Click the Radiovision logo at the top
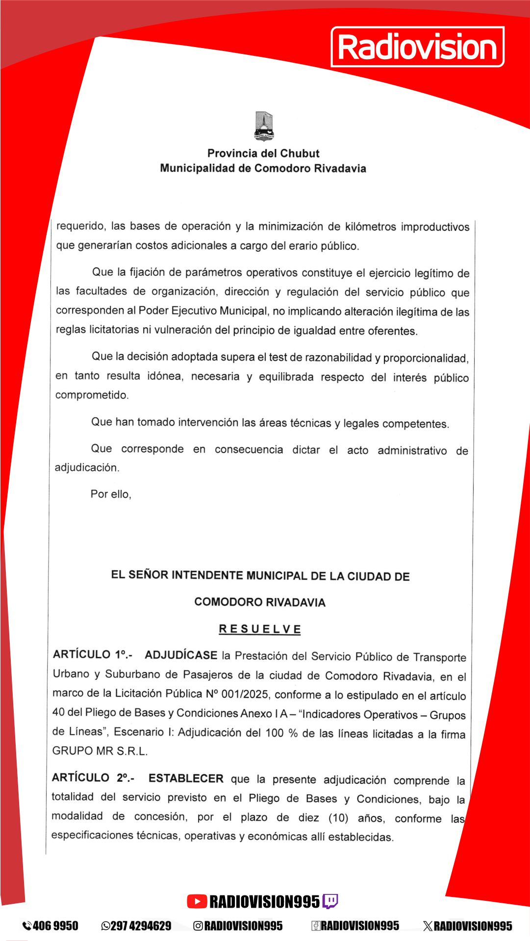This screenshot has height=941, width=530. [x=417, y=47]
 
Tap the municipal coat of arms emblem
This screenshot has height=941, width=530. [x=264, y=126]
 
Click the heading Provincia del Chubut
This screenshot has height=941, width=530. [x=263, y=153]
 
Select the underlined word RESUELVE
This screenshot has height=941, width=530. [x=260, y=629]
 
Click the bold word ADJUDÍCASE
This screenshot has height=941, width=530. [x=181, y=655]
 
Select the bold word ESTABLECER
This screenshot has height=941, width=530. [x=186, y=778]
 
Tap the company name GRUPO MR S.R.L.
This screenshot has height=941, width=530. [x=100, y=751]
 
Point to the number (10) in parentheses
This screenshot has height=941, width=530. [x=338, y=818]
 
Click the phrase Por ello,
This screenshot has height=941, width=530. [x=111, y=494]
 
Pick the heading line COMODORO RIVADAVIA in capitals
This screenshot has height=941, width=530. [x=260, y=602]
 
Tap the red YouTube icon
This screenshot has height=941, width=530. [x=197, y=901]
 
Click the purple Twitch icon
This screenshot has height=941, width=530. [x=330, y=901]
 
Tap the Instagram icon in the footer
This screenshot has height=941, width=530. [x=198, y=926]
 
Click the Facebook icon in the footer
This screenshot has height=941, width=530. [x=316, y=926]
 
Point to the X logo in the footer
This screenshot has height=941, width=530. [x=428, y=926]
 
